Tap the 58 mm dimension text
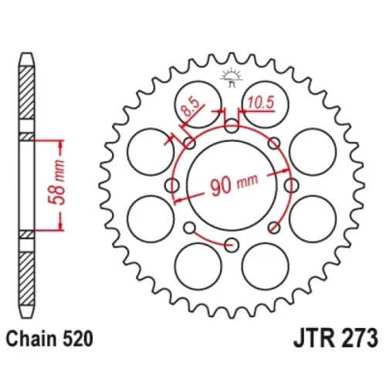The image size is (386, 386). click(x=56, y=182)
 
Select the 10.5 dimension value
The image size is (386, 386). click(x=261, y=103)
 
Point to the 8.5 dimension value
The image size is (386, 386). click(x=190, y=107)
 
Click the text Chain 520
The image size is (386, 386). click(x=49, y=339)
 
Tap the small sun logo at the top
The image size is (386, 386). click(x=232, y=77)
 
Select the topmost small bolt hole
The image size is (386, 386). click(x=232, y=126)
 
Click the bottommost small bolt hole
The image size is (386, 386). click(x=232, y=245)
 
